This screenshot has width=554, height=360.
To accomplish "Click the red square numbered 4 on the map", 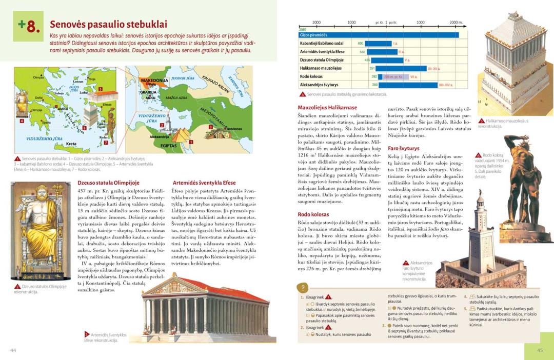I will [22, 122].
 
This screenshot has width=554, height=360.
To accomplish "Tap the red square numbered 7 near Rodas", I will [106, 142].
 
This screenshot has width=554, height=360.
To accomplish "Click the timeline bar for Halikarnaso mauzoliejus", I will [400, 68].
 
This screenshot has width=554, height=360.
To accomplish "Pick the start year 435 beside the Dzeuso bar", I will [367, 60].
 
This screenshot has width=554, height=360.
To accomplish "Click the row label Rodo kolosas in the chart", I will [314, 76].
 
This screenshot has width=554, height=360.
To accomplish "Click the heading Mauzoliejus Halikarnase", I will [327, 108].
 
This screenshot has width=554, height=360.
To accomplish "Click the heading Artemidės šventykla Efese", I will [204, 183].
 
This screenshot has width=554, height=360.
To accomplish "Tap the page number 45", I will [540, 350].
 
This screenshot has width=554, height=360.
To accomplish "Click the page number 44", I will [14, 350].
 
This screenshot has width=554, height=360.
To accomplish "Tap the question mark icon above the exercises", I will [303, 288].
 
